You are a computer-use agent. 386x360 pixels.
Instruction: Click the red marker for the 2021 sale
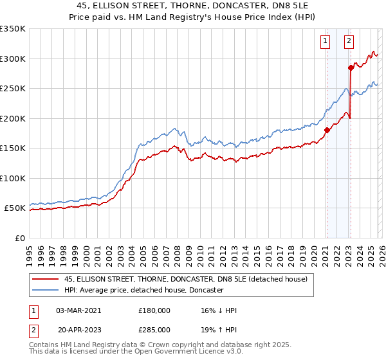point(326,130)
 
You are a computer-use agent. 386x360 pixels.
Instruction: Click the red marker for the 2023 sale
point(351,67)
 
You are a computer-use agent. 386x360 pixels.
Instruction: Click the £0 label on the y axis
point(19,238)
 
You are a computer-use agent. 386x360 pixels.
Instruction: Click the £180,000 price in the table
point(154,310)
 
